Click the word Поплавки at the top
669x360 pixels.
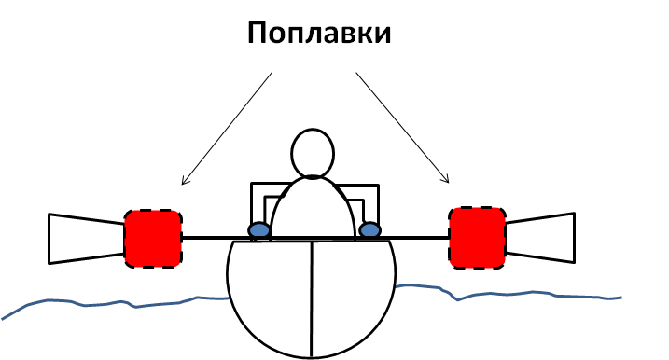tap(319, 33)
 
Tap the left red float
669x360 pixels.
tap(153, 239)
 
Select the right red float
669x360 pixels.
tap(478, 238)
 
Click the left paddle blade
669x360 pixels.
tap(86, 239)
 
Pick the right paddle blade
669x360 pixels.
tap(540, 237)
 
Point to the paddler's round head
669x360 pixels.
tap(313, 153)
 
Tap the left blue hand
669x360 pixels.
tap(259, 230)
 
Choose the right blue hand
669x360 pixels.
tap(369, 230)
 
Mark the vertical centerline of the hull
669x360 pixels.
tap(312, 298)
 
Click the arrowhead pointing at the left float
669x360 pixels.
tap(185, 181)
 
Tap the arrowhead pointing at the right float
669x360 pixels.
tap(446, 179)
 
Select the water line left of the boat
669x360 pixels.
tap(115, 303)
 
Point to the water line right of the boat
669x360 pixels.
tap(508, 294)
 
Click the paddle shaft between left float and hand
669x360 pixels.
tap(216, 238)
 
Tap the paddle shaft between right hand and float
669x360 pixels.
tap(414, 238)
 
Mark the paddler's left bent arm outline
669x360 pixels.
tap(252, 201)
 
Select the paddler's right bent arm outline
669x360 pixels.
tap(378, 201)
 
